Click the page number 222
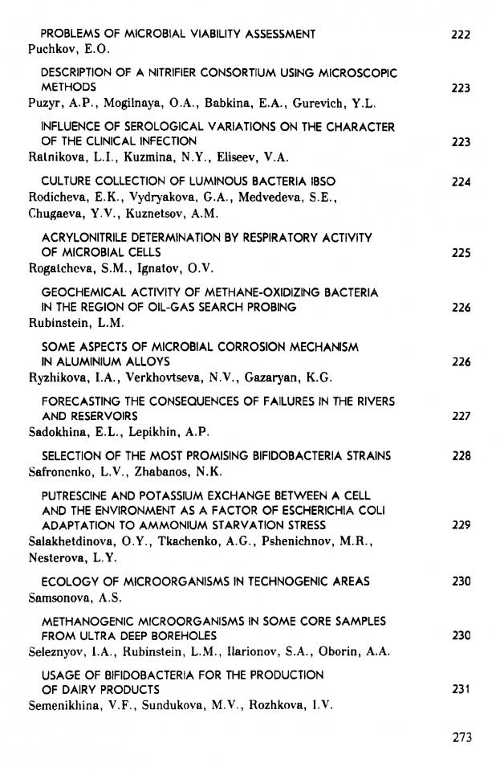(x=461, y=35)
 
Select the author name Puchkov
(x=51, y=49)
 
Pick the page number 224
(x=461, y=182)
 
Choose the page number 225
(x=461, y=253)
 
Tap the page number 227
(x=461, y=417)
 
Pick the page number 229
(x=461, y=525)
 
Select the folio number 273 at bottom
(x=461, y=738)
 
